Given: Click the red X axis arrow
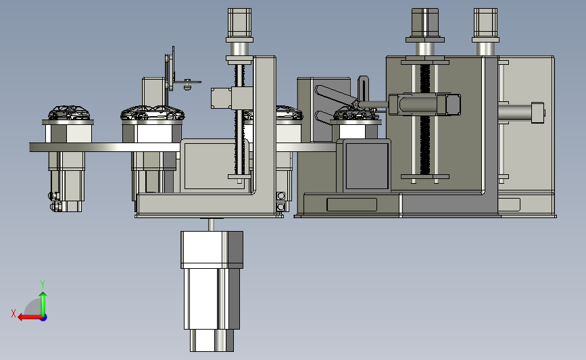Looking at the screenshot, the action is (30, 317).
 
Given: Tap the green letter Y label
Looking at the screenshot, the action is (43, 284).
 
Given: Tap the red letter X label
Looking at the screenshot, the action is (14, 313).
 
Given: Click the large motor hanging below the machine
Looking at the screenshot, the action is (212, 291).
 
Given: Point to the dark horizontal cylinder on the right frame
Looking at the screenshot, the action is (424, 105).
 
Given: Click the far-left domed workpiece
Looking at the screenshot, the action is (69, 113).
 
